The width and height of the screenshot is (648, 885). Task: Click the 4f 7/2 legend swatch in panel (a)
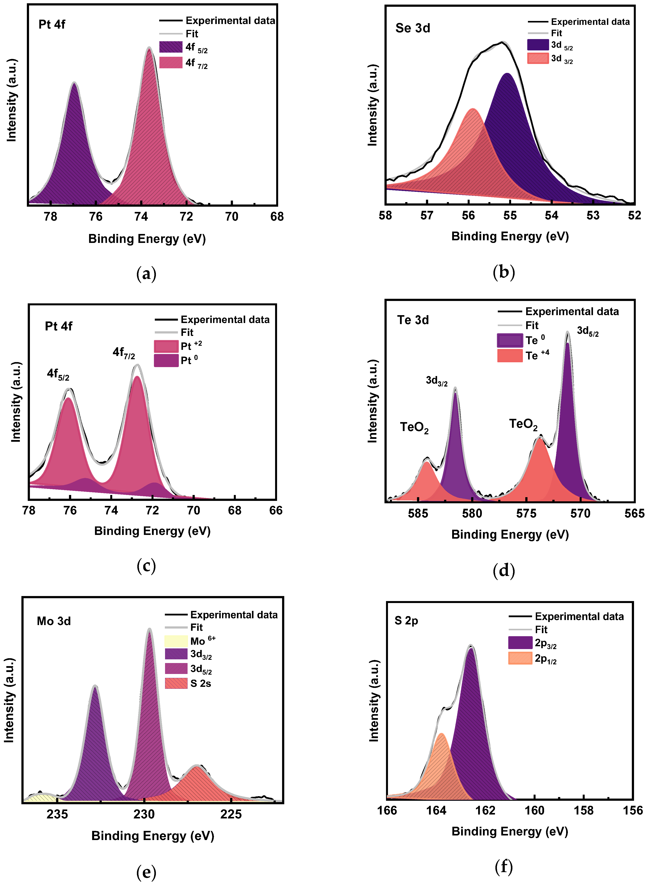pyautogui.click(x=171, y=63)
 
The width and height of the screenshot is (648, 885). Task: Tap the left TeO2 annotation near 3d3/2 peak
pyautogui.click(x=414, y=427)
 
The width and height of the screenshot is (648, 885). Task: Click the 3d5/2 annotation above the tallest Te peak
pyautogui.click(x=588, y=331)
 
